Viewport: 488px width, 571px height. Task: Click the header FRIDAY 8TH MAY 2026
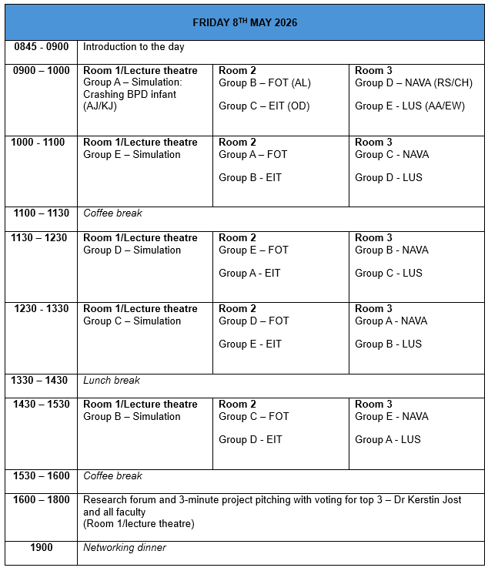coord(245,22)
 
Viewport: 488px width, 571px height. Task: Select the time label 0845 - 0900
coord(42,47)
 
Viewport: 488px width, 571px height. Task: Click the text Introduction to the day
coord(134,47)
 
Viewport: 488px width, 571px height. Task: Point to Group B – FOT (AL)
coord(265,82)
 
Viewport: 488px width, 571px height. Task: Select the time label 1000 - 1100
coord(38,143)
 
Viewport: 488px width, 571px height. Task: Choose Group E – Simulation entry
coord(132,154)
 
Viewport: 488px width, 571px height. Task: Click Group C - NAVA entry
coord(392,154)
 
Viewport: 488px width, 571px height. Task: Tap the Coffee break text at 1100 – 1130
coord(112,213)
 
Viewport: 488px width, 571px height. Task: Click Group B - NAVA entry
coord(392,250)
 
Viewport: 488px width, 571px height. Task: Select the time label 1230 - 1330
coord(42,309)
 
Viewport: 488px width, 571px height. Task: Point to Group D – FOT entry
coord(254,321)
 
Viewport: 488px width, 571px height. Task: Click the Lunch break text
coord(112,380)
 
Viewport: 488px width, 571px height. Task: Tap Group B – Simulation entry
coord(132,416)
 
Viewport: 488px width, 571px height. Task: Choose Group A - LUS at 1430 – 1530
coord(388,439)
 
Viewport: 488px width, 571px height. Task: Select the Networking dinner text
coord(125,548)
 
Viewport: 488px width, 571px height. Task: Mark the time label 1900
coord(42,548)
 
